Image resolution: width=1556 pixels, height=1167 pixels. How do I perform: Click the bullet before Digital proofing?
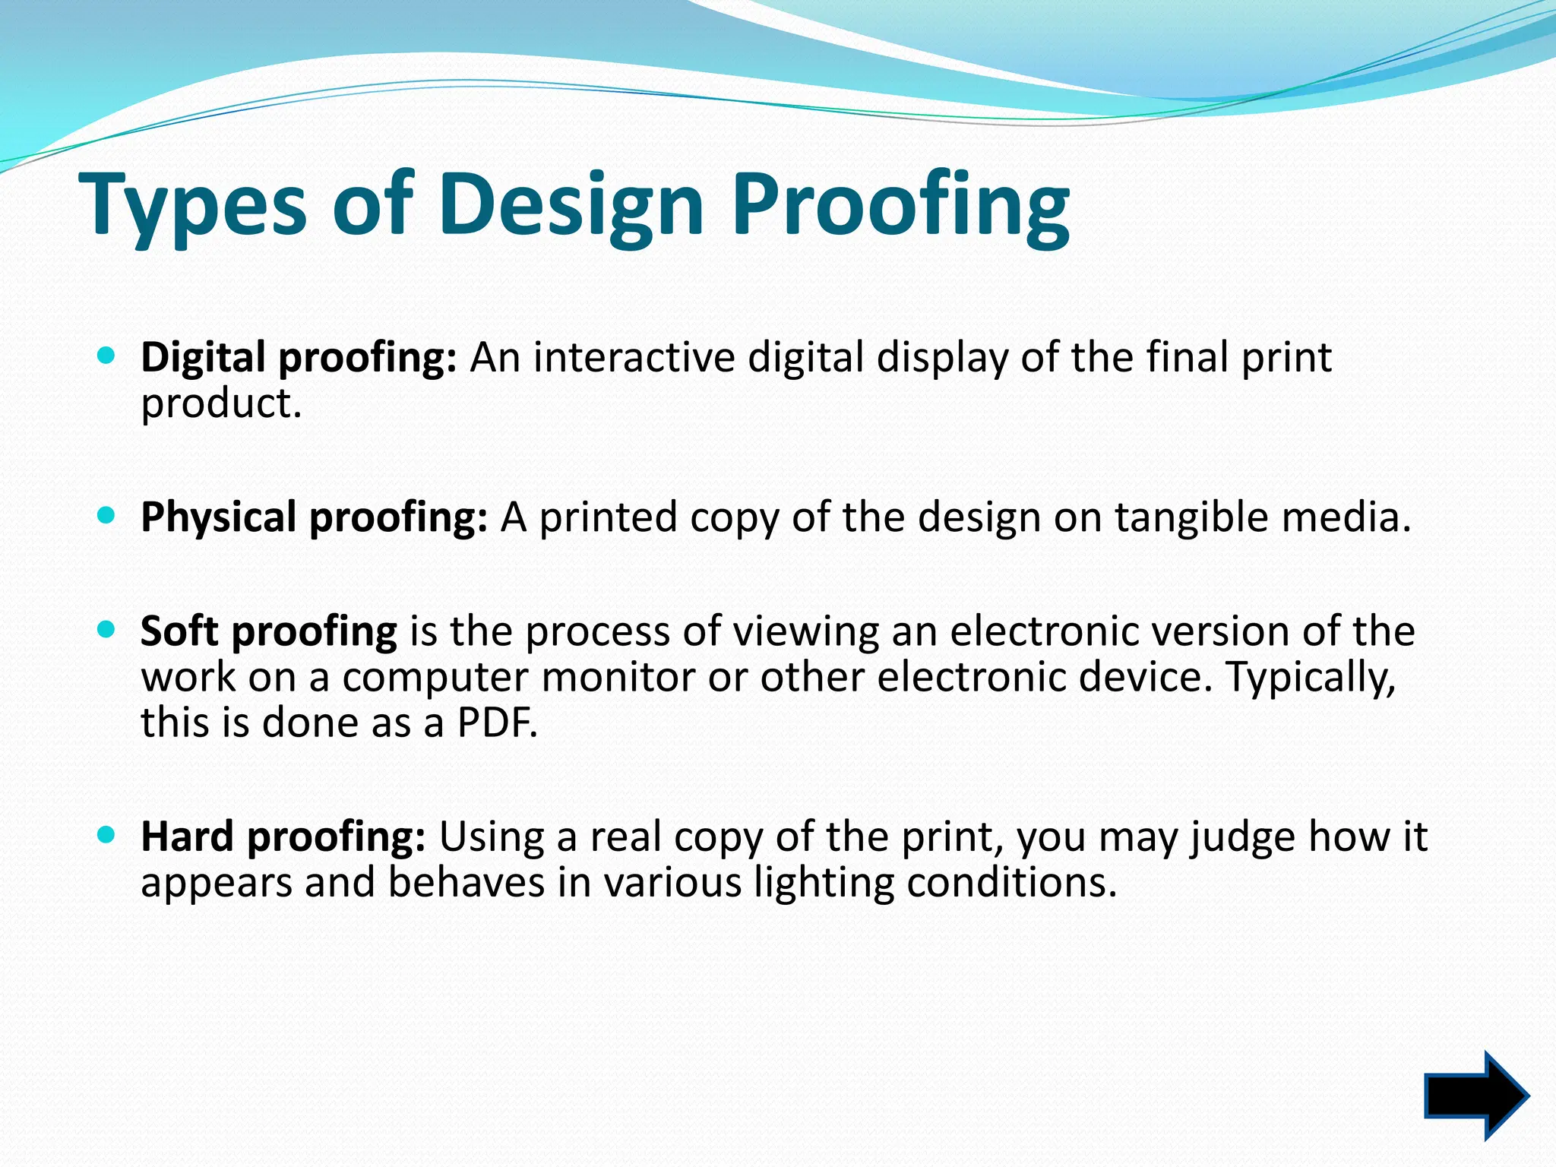[106, 355]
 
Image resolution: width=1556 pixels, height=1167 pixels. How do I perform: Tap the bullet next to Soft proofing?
[106, 629]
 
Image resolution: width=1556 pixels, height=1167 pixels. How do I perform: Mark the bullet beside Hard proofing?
[106, 835]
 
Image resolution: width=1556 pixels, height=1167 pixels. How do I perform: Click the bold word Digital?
[203, 357]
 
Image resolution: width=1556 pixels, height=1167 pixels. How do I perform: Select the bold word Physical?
[219, 517]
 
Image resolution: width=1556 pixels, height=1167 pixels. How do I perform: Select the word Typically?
[1311, 677]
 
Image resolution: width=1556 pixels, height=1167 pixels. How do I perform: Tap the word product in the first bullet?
[221, 403]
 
